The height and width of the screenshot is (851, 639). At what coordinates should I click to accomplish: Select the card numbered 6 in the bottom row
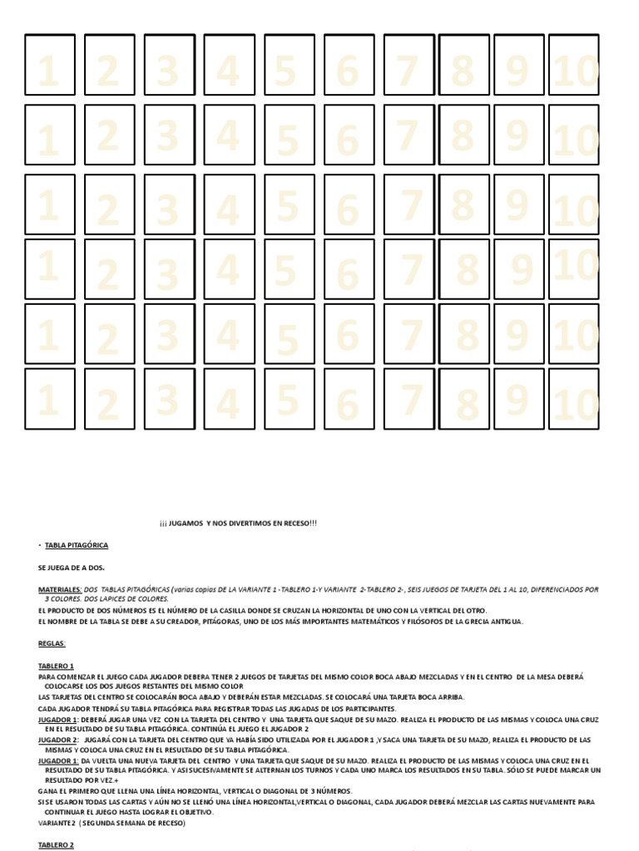349,399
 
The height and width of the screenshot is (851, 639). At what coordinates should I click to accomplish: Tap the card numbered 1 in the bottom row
50,399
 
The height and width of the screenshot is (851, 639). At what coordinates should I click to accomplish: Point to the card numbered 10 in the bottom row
574,399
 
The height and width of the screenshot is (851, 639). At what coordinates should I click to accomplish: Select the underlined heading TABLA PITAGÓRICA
76,545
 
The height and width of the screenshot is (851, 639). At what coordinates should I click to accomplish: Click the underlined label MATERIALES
58,589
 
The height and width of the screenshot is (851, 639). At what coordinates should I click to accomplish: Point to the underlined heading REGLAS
52,643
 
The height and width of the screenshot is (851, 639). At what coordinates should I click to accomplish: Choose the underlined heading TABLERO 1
57,666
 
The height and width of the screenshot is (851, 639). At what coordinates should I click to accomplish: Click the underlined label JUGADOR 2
58,740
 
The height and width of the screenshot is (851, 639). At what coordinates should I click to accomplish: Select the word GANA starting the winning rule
47,791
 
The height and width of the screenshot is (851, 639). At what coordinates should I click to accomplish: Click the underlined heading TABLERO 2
57,845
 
